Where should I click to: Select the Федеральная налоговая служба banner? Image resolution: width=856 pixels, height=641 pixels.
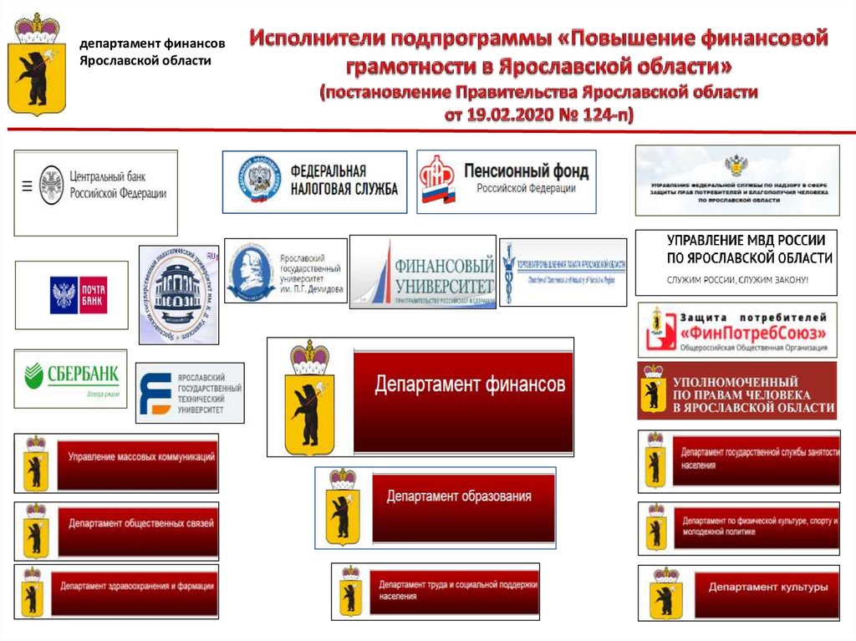314,181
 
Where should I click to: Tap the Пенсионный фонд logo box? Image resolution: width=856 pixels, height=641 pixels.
506,181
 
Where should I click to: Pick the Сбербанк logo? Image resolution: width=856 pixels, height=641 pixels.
71,378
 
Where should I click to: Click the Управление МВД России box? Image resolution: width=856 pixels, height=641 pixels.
736,262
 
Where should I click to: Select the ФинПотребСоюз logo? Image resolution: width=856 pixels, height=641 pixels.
736,330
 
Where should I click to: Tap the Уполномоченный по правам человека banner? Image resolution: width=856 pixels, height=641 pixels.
736,391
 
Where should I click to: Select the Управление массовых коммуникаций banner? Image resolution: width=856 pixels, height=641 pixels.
138,462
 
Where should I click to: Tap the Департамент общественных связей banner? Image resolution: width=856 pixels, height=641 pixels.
138,530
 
